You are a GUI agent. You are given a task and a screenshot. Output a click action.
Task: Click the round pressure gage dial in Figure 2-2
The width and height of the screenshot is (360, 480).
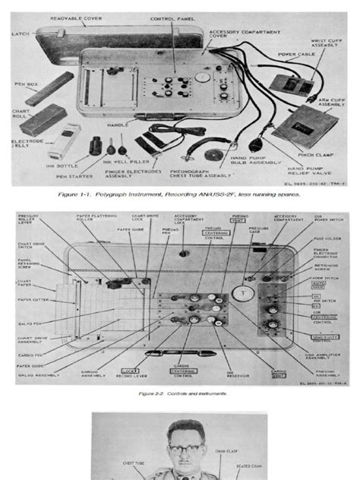[242, 290]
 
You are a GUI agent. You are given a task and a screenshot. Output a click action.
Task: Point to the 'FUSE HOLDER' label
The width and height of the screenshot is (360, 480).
[328, 239]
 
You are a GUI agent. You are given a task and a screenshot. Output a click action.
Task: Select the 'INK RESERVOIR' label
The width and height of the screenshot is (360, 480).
[226, 373]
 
